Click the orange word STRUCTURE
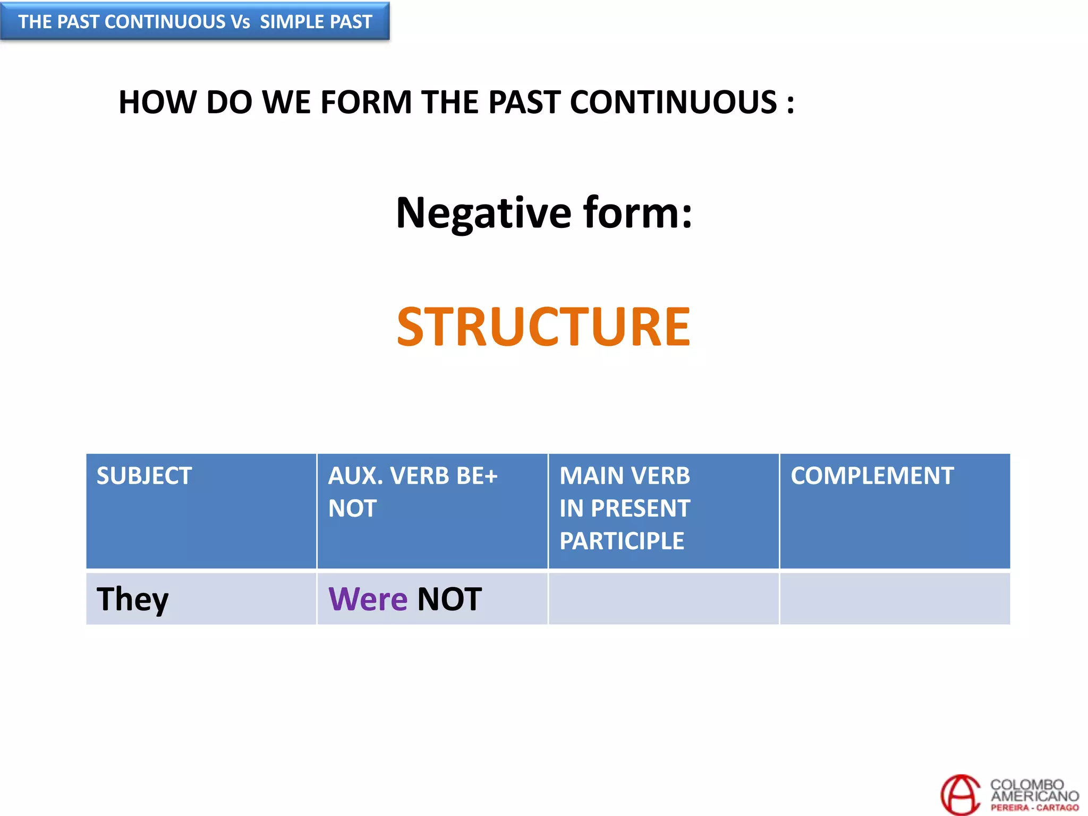click(x=543, y=327)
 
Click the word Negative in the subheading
click(x=483, y=212)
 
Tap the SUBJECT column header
click(x=144, y=475)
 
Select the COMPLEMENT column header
click(x=872, y=475)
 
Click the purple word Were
click(x=368, y=599)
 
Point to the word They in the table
click(x=132, y=599)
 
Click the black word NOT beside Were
click(x=449, y=599)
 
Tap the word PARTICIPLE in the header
click(x=622, y=541)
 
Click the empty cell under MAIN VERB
click(x=663, y=598)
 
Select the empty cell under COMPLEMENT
click(x=895, y=598)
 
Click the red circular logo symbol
click(x=960, y=794)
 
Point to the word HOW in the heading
click(x=157, y=102)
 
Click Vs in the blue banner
click(x=240, y=22)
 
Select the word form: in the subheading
click(x=637, y=212)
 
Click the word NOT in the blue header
click(x=352, y=508)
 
